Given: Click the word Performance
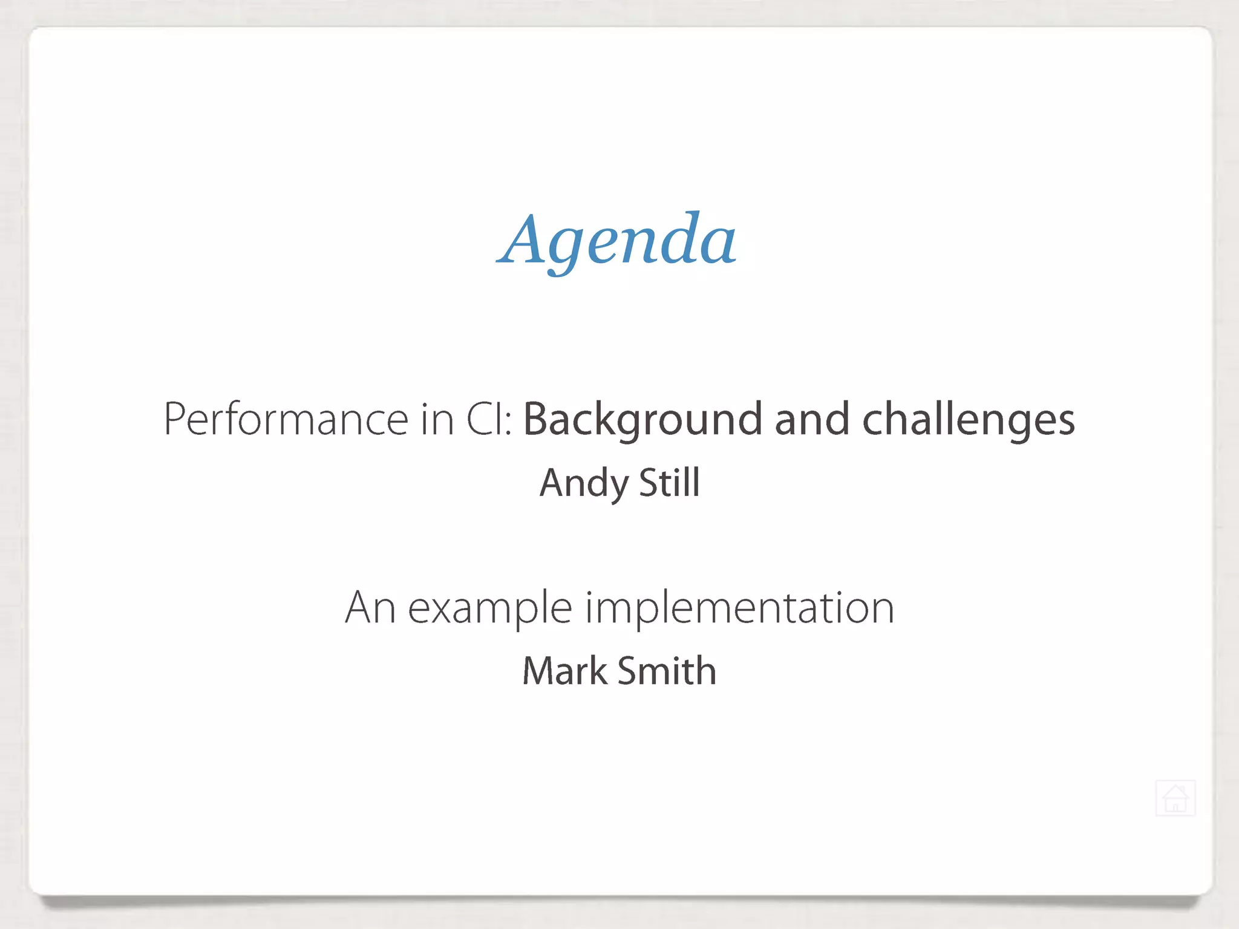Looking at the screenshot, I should [x=286, y=419].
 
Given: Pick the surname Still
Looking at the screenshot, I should [x=669, y=483].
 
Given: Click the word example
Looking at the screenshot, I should [x=490, y=608].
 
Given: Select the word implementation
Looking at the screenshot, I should [x=739, y=607].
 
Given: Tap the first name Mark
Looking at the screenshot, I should [x=565, y=671].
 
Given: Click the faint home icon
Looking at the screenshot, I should [x=1175, y=798].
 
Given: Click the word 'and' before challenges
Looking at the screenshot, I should [x=812, y=419].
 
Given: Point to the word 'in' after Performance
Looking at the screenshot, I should [x=437, y=419].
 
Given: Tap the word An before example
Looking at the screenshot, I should [x=370, y=607].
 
